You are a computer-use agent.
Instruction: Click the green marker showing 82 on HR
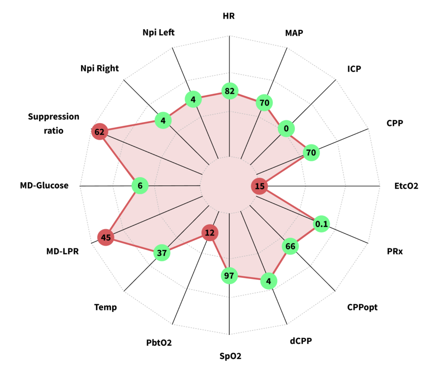pyautogui.click(x=230, y=91)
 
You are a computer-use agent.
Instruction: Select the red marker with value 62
pyautogui.click(x=100, y=132)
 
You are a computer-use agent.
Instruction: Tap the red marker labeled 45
pyautogui.click(x=105, y=238)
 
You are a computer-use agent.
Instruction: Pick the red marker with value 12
pyautogui.click(x=210, y=232)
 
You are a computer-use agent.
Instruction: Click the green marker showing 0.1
pyautogui.click(x=321, y=224)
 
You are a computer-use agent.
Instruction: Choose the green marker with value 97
pyautogui.click(x=229, y=276)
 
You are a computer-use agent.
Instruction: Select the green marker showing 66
pyautogui.click(x=290, y=246)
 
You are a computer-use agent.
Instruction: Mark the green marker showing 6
pyautogui.click(x=140, y=186)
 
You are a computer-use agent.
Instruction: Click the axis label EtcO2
pyautogui.click(x=406, y=186)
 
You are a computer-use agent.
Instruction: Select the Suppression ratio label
pyautogui.click(x=54, y=123)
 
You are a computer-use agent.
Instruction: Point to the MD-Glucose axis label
pyautogui.click(x=44, y=185)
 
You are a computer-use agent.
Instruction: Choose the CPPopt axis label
pyautogui.click(x=362, y=307)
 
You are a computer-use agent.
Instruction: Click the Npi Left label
pyautogui.click(x=158, y=32)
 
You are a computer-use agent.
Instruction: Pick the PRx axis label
pyautogui.click(x=395, y=252)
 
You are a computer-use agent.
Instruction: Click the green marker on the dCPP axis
pyautogui.click(x=268, y=280)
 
